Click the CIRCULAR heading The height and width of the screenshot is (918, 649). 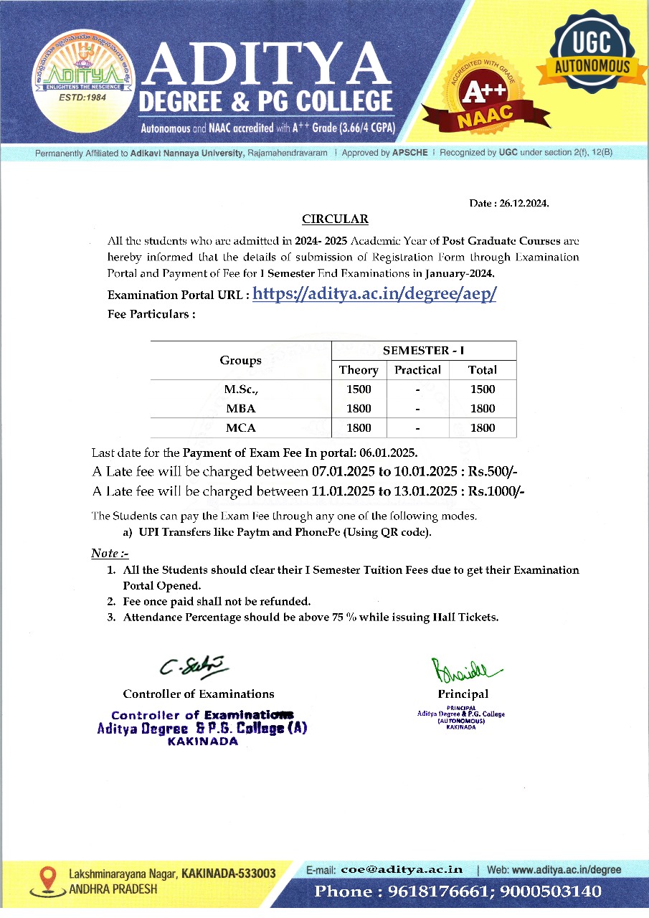click(335, 219)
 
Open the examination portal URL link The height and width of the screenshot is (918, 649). click(374, 294)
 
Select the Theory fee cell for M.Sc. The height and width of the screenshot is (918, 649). click(359, 389)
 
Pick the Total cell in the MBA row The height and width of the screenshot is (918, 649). click(482, 409)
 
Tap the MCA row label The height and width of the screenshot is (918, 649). click(240, 428)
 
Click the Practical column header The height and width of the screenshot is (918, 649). click(417, 370)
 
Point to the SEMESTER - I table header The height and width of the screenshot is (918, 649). click(423, 351)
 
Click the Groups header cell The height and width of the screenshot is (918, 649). click(240, 360)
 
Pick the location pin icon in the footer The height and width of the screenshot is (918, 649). click(48, 879)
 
